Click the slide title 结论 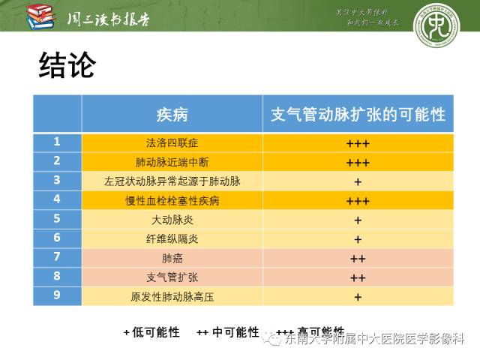67,66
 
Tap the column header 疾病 172,114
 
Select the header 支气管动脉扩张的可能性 358,114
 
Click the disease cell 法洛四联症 172,142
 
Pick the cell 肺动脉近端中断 172,162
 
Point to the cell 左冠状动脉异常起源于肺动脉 172,181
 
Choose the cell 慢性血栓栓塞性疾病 172,201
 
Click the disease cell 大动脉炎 172,220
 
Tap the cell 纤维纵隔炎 172,239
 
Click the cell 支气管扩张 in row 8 172,277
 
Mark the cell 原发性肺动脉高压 172,297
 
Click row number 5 57,219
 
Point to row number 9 57,295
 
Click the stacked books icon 40,16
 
